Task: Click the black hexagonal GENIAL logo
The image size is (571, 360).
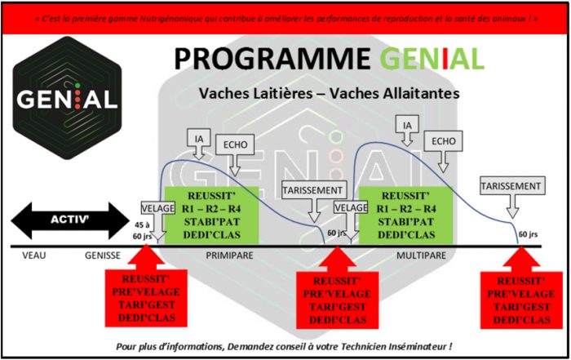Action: [x=68, y=98]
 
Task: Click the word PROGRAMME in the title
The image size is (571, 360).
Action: [x=272, y=59]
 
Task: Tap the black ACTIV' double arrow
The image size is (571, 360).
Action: [x=70, y=220]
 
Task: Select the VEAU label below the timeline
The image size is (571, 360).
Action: [x=34, y=255]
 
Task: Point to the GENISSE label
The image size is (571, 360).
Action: [x=102, y=255]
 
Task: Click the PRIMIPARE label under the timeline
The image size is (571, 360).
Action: [x=229, y=255]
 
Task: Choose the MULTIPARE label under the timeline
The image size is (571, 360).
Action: [x=421, y=255]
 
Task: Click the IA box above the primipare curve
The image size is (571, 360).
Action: [x=199, y=138]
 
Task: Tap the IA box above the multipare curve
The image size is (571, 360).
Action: [x=407, y=125]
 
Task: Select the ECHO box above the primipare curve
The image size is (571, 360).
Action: [x=235, y=144]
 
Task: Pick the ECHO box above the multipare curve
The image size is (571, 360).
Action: [x=443, y=141]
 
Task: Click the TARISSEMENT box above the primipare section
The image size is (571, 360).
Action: [x=313, y=190]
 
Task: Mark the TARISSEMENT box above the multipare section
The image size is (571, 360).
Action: [x=512, y=186]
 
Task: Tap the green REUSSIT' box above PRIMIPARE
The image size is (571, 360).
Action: [x=212, y=216]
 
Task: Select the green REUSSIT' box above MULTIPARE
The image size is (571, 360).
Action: [x=406, y=216]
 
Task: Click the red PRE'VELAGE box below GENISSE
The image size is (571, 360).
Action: [x=146, y=299]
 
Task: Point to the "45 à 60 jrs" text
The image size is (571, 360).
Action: [x=143, y=231]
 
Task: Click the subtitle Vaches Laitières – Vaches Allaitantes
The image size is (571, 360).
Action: [x=329, y=93]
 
